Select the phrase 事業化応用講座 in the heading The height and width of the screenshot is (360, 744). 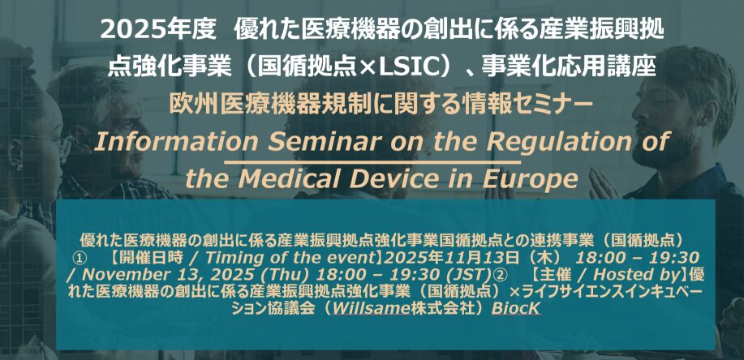pos(568,68)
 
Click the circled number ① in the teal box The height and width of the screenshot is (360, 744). pos(79,259)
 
